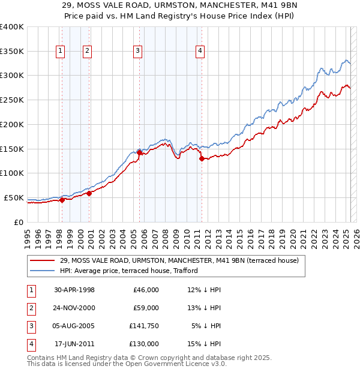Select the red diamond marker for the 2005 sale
pyautogui.click(x=139, y=153)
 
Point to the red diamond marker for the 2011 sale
pyautogui.click(x=202, y=158)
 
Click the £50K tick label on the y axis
pyautogui.click(x=14, y=197)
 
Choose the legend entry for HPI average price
pyautogui.click(x=129, y=271)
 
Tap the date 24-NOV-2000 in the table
pyautogui.click(x=74, y=308)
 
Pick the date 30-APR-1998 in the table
pyautogui.click(x=74, y=290)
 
